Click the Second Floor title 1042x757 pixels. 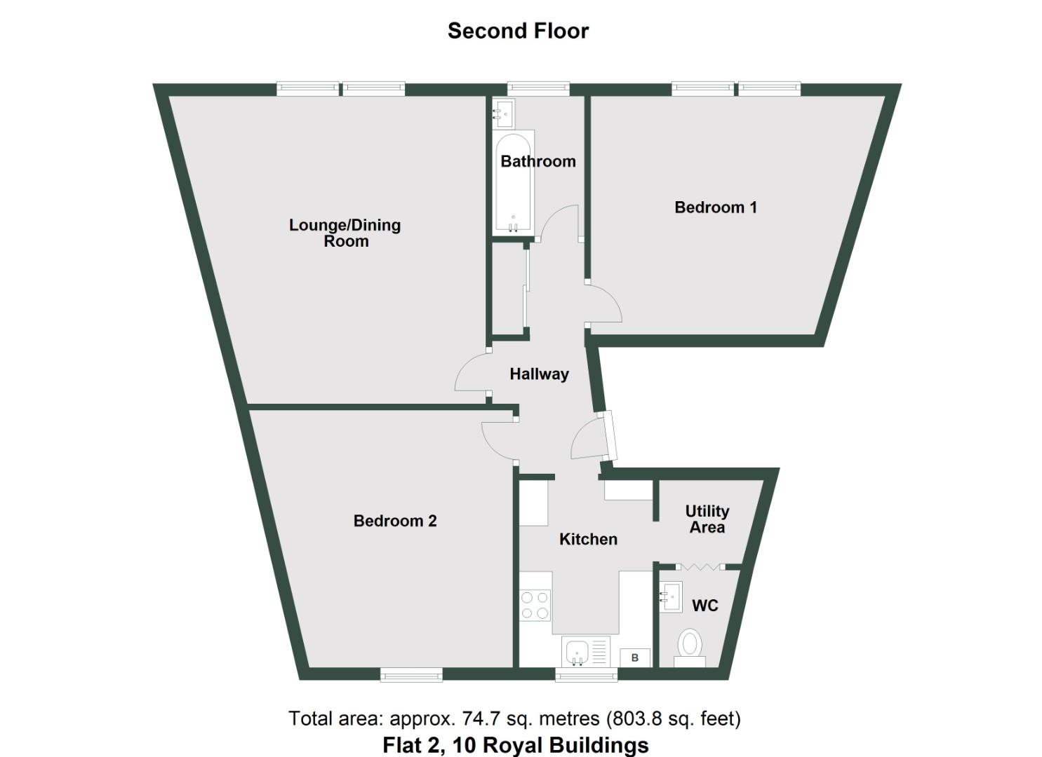coord(518,31)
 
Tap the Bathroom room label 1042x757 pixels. coord(537,161)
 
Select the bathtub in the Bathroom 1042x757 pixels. coord(514,184)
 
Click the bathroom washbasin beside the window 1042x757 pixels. coord(504,112)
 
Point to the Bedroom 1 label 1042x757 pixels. coord(715,207)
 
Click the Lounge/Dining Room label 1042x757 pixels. coord(345,233)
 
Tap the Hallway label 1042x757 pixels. coord(539,374)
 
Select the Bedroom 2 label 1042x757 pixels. coord(395,521)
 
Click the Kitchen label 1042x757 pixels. coord(588,539)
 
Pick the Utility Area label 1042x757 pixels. coord(707,519)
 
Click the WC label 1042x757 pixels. coord(704,606)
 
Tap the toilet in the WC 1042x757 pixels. coord(689,646)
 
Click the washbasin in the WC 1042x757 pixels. coord(671,597)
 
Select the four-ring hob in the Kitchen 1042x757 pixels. coord(535,605)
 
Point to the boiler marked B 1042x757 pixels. coord(635,658)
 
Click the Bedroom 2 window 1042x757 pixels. coord(411,674)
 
